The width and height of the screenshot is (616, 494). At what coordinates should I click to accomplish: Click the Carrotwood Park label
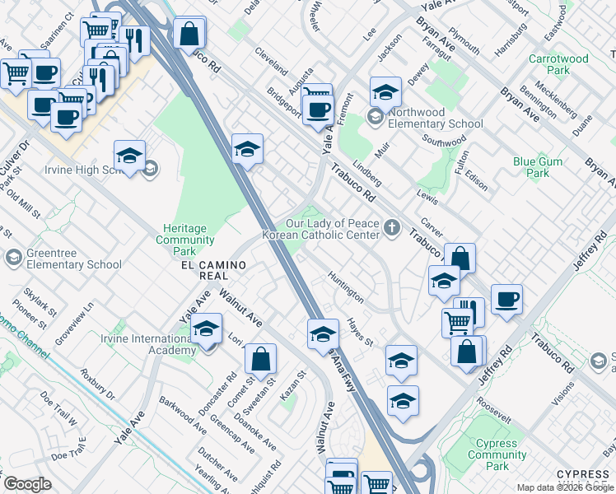[x=558, y=65]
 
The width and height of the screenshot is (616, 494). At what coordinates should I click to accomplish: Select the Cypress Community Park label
[x=497, y=454]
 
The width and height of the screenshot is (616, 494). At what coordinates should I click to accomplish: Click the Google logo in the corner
[x=27, y=484]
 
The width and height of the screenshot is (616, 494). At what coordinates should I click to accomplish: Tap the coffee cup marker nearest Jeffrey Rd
[x=507, y=300]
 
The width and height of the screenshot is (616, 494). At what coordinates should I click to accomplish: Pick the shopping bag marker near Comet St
[x=260, y=360]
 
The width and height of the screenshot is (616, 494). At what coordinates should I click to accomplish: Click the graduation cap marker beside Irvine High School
[x=129, y=156]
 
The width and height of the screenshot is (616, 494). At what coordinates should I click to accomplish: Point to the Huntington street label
[x=345, y=286]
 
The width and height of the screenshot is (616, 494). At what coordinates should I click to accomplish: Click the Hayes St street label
[x=360, y=332]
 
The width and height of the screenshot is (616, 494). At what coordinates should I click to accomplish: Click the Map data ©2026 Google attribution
[x=565, y=487]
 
